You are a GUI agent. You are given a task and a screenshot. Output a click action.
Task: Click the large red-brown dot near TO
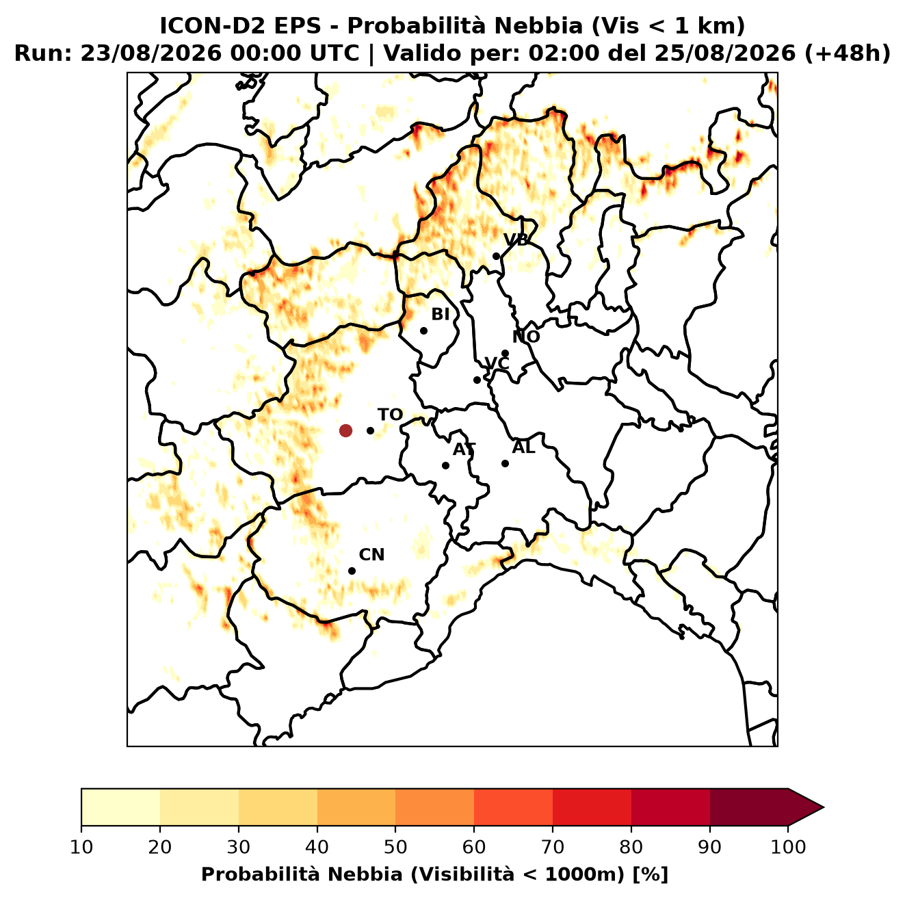pyautogui.click(x=345, y=430)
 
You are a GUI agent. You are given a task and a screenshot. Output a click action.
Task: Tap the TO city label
pyautogui.click(x=390, y=415)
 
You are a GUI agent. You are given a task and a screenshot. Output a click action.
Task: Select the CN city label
pyautogui.click(x=371, y=555)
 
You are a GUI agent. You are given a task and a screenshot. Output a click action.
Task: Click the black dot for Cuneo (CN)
pyautogui.click(x=352, y=571)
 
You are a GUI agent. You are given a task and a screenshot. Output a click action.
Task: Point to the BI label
pyautogui.click(x=440, y=315)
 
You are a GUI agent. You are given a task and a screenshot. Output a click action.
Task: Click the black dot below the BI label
pyautogui.click(x=423, y=331)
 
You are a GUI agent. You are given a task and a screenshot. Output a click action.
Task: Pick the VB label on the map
pyautogui.click(x=516, y=239)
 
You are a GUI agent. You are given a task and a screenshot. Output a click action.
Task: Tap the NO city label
pyautogui.click(x=525, y=337)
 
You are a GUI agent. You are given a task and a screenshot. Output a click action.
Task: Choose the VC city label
pyautogui.click(x=497, y=363)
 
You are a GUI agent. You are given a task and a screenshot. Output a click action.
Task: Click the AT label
pyautogui.click(x=464, y=450)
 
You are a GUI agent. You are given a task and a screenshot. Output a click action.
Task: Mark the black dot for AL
pyautogui.click(x=505, y=463)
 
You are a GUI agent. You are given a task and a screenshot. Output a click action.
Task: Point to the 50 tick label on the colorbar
pyautogui.click(x=395, y=847)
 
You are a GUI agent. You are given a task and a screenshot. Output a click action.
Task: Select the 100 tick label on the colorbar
pyautogui.click(x=789, y=847)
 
